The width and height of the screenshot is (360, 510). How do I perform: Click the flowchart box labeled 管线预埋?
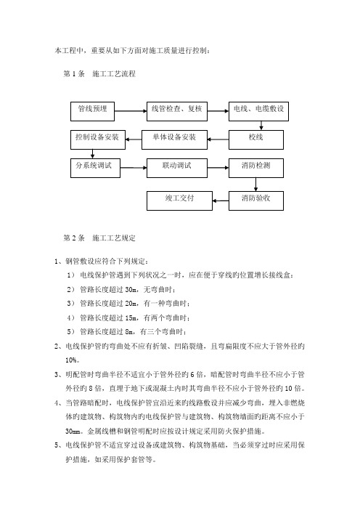point(92,112)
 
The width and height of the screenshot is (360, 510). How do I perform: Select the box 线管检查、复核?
point(177,112)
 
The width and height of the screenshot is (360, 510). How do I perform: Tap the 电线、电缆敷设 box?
point(258,112)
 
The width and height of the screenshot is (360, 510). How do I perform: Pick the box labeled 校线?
point(256,140)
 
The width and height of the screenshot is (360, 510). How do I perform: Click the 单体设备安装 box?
point(174,140)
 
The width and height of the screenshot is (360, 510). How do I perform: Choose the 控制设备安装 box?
point(98,140)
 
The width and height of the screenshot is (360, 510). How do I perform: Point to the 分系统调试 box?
point(95,168)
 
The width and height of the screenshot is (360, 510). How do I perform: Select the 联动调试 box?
point(177,168)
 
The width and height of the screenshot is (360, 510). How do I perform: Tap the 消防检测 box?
point(256,168)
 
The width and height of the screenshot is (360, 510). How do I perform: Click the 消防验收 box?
point(256,201)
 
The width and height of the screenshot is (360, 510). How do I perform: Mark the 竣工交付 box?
point(179,201)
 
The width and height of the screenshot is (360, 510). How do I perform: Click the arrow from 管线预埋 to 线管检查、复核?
point(131,111)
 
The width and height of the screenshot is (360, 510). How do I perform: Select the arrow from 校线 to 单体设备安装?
point(218,139)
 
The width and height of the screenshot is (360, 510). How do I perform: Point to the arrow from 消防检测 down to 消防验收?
point(255,185)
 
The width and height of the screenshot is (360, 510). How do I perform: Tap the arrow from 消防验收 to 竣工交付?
point(221,201)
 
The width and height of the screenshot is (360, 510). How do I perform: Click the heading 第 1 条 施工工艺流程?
point(99,74)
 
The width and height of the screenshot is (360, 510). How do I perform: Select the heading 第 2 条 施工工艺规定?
point(99,238)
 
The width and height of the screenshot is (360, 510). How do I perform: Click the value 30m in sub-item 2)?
point(131,289)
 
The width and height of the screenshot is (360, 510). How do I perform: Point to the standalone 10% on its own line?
point(71,360)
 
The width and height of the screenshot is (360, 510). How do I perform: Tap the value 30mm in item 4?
point(73,432)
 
